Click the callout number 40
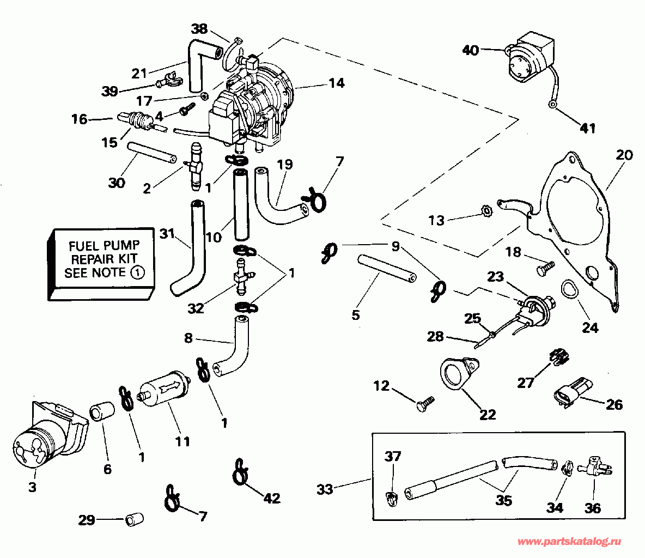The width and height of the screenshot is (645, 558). click(x=471, y=50)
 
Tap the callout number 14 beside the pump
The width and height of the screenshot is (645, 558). click(x=337, y=83)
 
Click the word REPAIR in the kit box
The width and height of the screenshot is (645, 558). click(x=104, y=259)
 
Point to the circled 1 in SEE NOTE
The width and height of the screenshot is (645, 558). click(x=138, y=272)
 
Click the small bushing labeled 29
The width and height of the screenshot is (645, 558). click(x=134, y=519)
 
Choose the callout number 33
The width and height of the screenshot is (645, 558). click(x=325, y=489)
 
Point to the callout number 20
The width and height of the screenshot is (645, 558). click(x=624, y=155)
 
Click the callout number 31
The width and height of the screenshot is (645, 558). click(x=167, y=234)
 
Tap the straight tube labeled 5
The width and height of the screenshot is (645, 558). click(x=387, y=269)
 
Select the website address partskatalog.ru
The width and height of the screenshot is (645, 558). click(x=569, y=542)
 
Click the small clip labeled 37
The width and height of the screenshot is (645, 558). click(x=393, y=499)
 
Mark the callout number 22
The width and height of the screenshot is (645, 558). click(x=488, y=414)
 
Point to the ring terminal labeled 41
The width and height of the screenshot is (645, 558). click(x=552, y=105)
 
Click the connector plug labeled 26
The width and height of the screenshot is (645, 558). click(x=573, y=391)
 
